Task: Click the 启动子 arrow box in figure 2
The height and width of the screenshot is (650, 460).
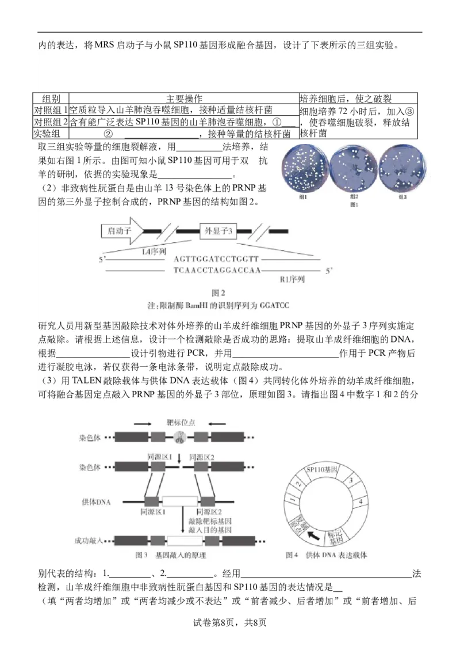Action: [x=120, y=231]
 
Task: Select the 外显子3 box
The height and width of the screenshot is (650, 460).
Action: [x=218, y=231]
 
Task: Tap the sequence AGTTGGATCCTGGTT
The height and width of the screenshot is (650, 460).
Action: [x=217, y=259]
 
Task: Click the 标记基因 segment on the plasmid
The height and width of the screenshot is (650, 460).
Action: [x=335, y=538]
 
